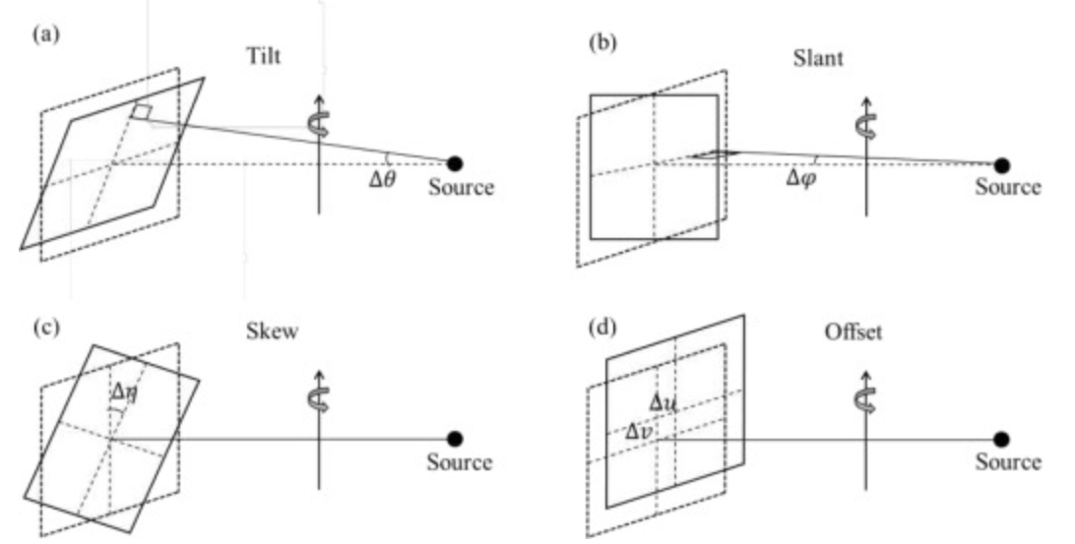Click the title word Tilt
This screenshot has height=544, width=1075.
tap(263, 56)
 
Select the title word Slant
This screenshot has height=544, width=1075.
tap(818, 58)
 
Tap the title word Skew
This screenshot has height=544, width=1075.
tap(272, 332)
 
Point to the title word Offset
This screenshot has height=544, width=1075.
tap(854, 332)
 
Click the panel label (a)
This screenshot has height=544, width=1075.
tap(46, 34)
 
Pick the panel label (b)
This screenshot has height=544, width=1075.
tap(602, 42)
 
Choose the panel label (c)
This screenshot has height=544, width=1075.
tap(46, 329)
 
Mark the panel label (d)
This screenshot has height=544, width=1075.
tap(602, 329)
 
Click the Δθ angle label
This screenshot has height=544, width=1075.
tap(382, 180)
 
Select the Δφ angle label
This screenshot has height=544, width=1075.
tap(800, 179)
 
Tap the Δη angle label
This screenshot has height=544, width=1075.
tap(125, 394)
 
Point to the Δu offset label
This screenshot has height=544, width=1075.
tap(663, 403)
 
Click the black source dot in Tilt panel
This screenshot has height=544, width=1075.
tap(455, 163)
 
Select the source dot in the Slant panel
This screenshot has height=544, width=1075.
tap(1001, 165)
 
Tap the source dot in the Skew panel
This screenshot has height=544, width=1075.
tap(455, 439)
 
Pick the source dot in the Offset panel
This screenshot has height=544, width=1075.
tap(1001, 439)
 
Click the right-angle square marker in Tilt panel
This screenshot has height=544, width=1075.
tap(142, 112)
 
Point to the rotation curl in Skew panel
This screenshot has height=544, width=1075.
tap(318, 399)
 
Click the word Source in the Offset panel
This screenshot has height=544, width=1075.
tap(1008, 462)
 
